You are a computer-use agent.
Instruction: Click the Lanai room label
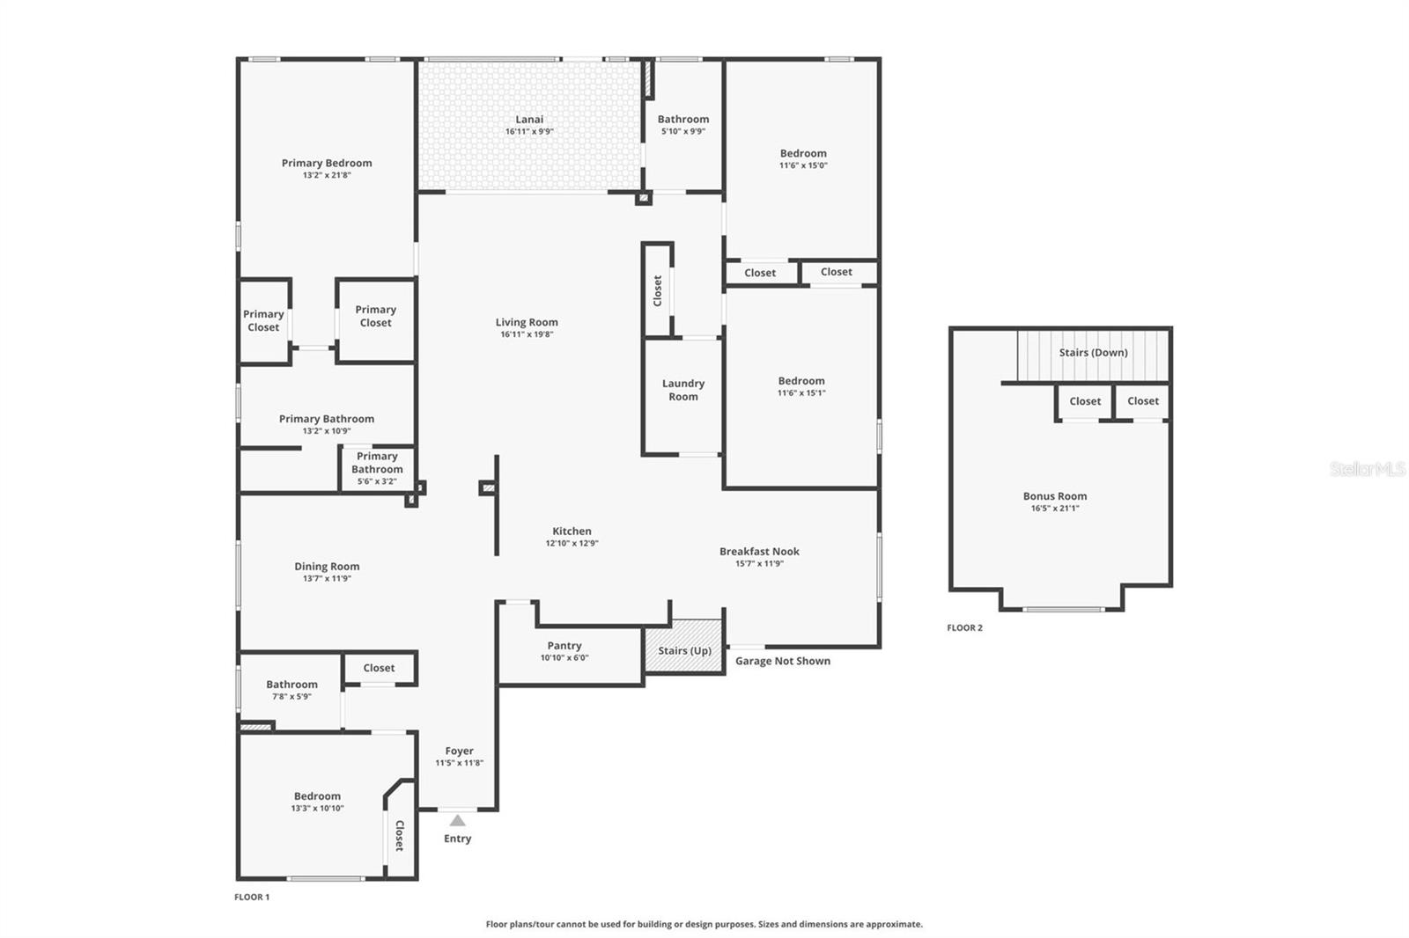click(529, 120)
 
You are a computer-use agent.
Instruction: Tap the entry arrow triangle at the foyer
click(457, 820)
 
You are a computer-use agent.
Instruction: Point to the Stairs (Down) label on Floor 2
click(1093, 353)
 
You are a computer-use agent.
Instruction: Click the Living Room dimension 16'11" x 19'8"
click(527, 334)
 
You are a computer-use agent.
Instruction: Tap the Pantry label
click(564, 646)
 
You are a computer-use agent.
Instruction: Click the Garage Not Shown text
click(782, 661)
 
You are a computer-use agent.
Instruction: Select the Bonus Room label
click(1055, 496)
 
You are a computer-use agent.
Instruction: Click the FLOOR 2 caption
click(964, 627)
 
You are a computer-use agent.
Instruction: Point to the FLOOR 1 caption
click(252, 897)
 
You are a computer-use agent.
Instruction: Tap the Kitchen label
click(572, 531)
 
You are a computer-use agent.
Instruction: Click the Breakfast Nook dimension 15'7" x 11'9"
click(759, 563)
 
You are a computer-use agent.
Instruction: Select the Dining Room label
click(327, 567)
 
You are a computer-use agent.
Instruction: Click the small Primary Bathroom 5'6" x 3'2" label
click(377, 468)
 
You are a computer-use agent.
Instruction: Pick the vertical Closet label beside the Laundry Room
click(657, 290)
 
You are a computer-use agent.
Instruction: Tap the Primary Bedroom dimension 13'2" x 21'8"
click(327, 175)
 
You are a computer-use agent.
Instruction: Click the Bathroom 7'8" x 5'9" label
click(291, 685)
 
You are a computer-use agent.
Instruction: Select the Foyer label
click(459, 751)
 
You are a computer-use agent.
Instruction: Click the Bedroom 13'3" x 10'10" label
click(317, 796)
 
